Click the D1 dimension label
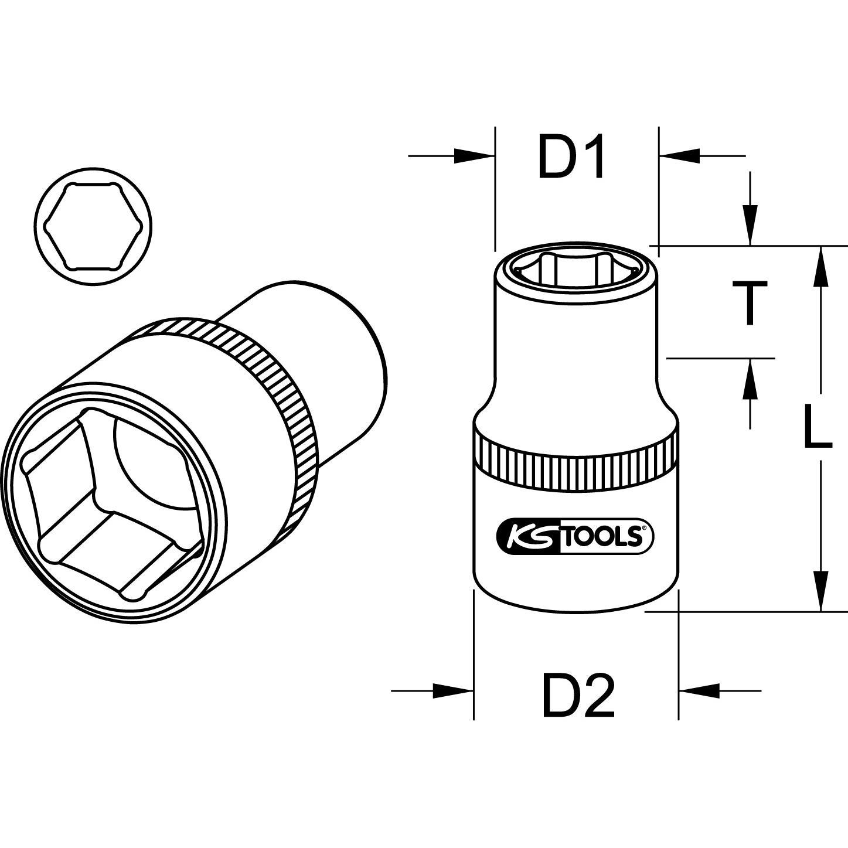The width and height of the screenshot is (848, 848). pos(571,157)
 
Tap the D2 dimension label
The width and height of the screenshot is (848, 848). pos(578,695)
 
